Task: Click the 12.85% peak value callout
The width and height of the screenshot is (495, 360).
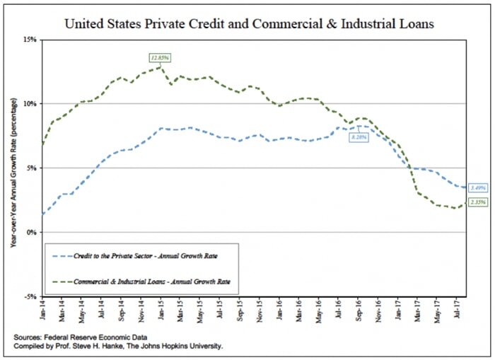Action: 158,56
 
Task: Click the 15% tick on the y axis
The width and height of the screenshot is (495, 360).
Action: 31,40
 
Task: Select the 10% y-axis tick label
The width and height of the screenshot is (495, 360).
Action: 31,104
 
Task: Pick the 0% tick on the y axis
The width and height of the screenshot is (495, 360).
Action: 33,233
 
